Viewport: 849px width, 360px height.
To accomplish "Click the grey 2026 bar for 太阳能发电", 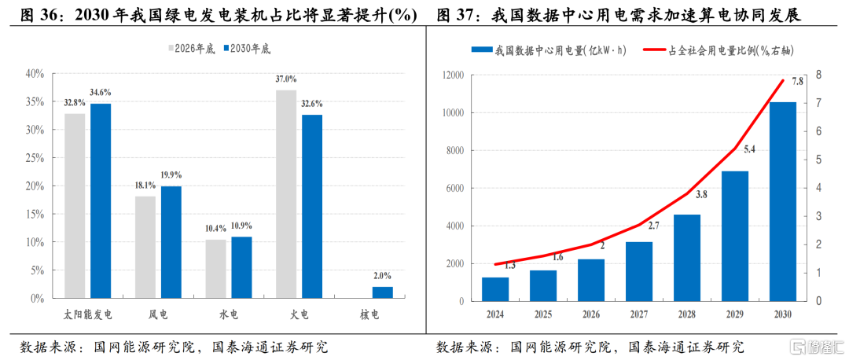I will point(75,206).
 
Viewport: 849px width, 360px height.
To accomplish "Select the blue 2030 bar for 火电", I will point(312,207).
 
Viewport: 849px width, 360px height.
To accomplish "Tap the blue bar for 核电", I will point(383,292).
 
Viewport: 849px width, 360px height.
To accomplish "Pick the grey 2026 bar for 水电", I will point(215,269).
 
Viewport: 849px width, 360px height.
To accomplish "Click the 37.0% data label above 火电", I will point(286,79).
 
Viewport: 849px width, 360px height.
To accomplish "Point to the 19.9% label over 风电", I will point(171,175).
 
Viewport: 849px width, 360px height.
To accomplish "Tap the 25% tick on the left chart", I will point(35,158).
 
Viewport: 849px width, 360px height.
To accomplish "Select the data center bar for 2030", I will point(782,201).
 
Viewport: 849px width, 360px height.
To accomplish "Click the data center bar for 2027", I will point(639,271).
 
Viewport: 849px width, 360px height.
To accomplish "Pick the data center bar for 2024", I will point(495,288).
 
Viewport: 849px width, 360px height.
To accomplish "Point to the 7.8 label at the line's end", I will point(797,81).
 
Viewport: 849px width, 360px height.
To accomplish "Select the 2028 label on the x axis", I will point(687,314).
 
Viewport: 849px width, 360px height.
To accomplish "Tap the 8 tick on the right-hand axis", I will point(820,75).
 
